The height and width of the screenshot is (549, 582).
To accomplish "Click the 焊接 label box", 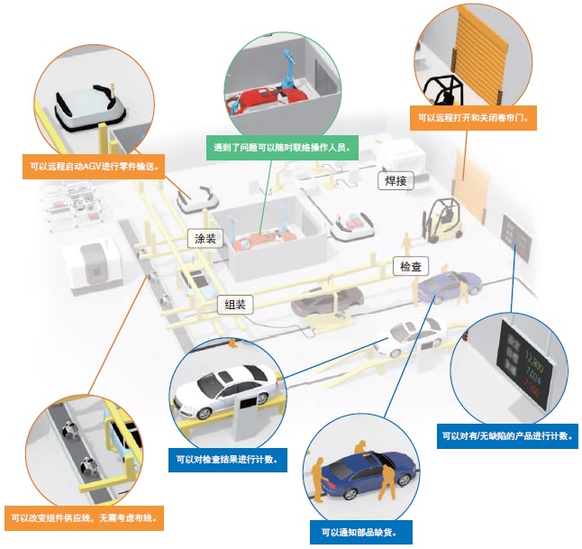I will (394, 181).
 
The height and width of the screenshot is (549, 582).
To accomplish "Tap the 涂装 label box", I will (205, 239).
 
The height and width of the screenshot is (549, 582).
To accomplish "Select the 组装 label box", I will (235, 305).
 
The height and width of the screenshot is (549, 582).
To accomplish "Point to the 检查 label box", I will (411, 267).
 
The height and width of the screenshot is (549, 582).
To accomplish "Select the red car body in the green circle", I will (266, 94).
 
